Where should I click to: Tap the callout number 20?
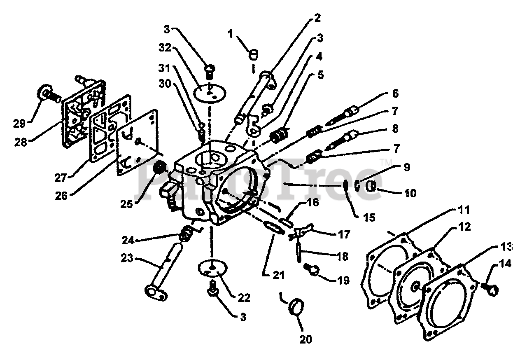pos(306,339)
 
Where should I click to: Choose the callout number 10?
pos(410,192)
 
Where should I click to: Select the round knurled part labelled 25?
pos(159,168)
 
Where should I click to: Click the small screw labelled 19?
pos(312,269)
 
